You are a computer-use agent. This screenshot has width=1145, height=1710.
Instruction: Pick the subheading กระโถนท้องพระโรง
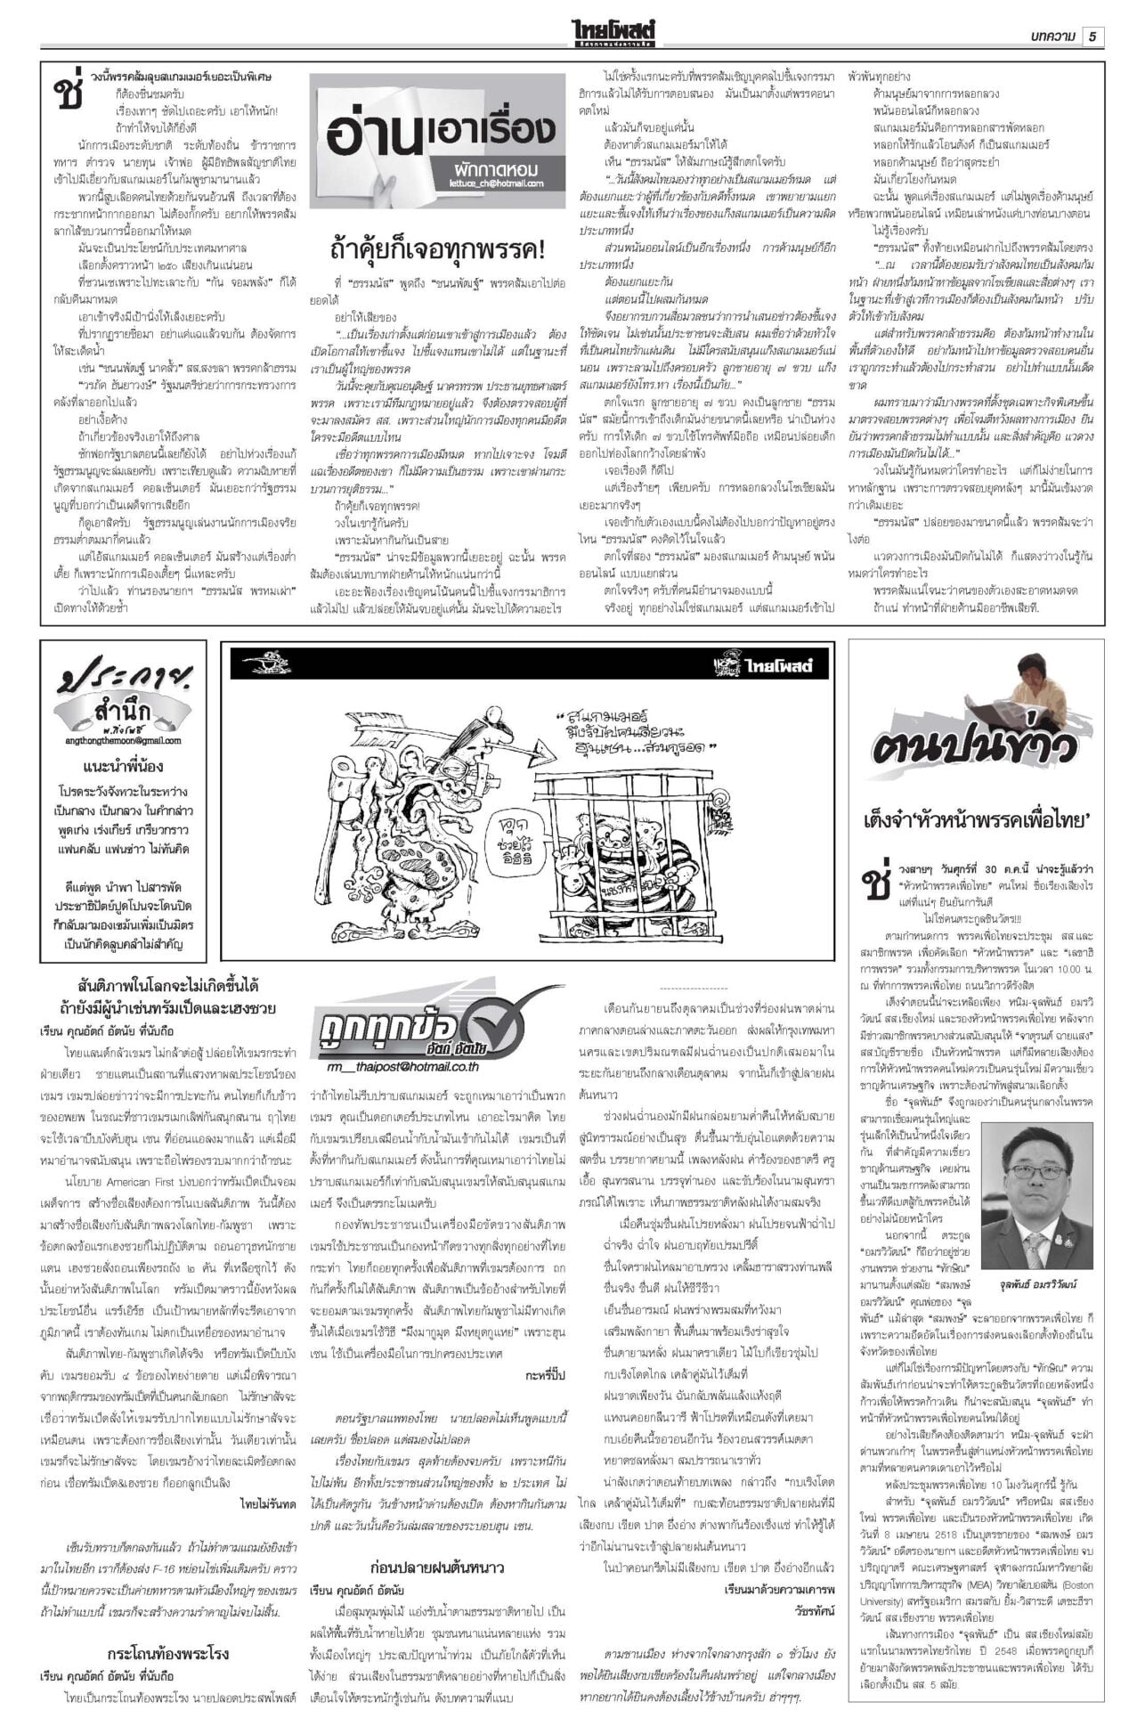click(x=167, y=1628)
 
